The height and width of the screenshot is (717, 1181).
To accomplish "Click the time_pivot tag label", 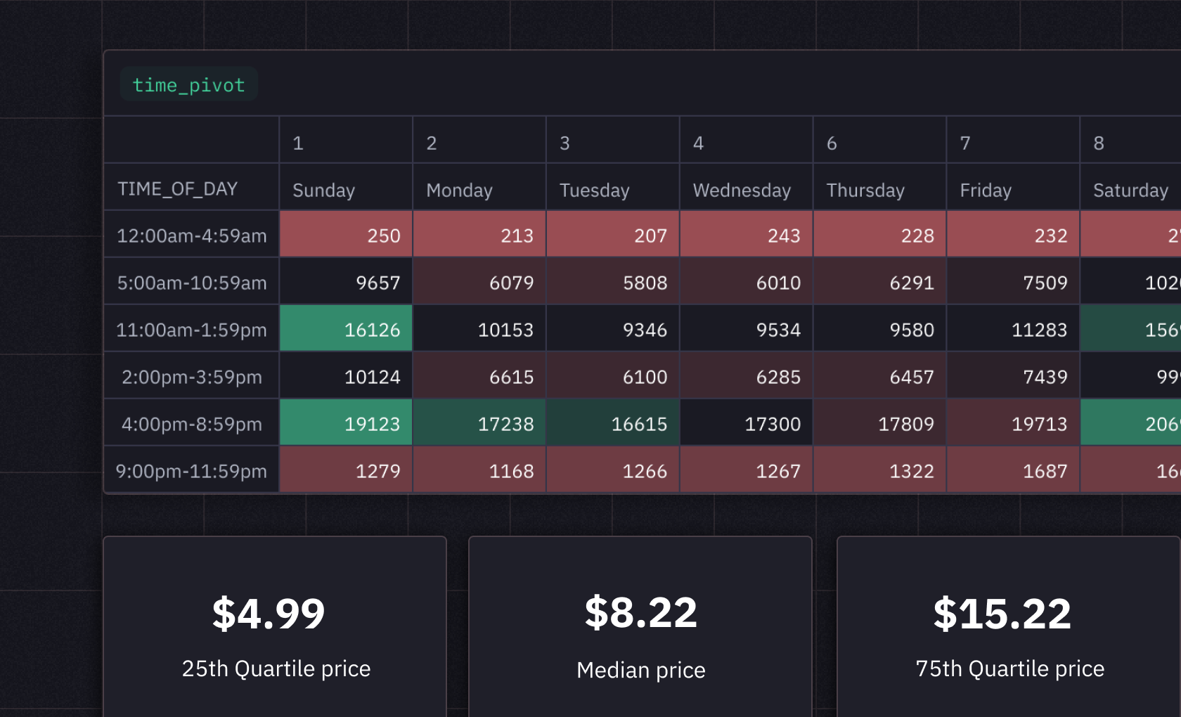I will pos(188,85).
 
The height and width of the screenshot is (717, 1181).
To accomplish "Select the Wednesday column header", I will pos(742,190).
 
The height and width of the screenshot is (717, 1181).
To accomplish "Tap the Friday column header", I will pos(986,190).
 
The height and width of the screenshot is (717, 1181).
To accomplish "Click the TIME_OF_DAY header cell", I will pos(178,188).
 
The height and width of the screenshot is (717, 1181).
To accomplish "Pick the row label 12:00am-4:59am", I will pos(191,235).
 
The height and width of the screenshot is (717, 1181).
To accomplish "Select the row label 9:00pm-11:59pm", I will pos(191,471).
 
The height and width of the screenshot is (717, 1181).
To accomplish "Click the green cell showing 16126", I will pos(347,329).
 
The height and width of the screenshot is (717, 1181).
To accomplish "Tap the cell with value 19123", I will pos(347,423).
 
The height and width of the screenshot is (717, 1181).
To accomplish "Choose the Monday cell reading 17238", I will pos(479,423).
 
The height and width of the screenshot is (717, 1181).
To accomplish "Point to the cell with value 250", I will pos(347,235).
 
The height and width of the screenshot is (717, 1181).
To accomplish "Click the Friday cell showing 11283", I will pos(1013,329).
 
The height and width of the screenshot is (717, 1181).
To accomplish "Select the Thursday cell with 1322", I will pos(879,470).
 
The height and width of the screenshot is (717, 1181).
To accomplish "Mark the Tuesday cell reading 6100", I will pos(613,377).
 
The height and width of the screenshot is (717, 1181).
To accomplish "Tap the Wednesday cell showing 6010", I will pos(746,283).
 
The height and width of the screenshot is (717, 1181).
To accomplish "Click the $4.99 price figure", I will pos(269,614).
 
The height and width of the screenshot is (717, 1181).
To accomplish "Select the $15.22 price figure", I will pos(1002,614).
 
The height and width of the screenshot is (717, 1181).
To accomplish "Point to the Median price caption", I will pos(640,670).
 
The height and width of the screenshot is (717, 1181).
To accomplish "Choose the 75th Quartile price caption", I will pos(1009,668).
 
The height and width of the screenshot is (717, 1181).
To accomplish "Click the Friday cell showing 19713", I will pos(1013,423).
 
